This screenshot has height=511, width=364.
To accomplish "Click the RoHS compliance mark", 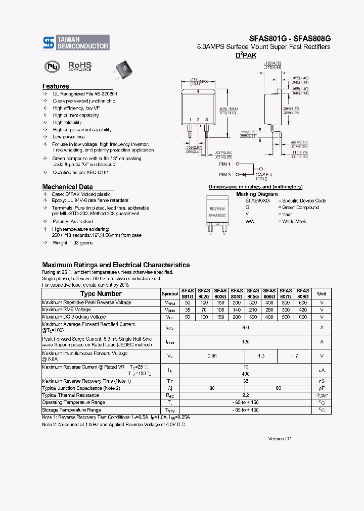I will [80, 66].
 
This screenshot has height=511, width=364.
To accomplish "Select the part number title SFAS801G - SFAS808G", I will [289, 37].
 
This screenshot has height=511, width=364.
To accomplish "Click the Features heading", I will [56, 86].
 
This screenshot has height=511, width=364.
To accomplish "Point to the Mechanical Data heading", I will [67, 187].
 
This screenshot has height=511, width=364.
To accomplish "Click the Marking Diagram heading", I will [257, 194].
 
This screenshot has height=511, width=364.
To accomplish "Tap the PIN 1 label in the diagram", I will [225, 164].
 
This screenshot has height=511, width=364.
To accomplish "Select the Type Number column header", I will [101, 294].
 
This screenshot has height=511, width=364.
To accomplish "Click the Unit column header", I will [322, 294].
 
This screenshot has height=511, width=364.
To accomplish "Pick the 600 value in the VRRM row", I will [302, 302].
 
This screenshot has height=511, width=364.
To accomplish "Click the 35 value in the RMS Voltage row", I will [188, 310].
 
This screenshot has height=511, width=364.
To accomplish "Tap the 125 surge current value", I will [246, 342].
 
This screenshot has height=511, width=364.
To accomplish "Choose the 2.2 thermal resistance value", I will [246, 395].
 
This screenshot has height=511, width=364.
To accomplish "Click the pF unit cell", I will [322, 388].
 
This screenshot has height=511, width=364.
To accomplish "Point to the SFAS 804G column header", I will [237, 294].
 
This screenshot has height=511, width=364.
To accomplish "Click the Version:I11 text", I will [280, 439].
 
